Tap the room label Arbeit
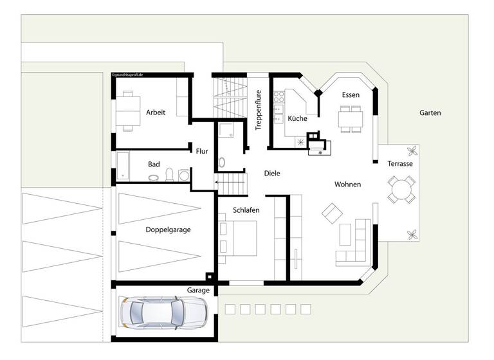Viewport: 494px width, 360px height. pyautogui.click(x=156, y=112)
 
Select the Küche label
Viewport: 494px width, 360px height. pyautogui.click(x=297, y=118)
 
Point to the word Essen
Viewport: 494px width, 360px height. pyautogui.click(x=351, y=95)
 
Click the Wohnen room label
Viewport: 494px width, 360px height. pyautogui.click(x=347, y=184)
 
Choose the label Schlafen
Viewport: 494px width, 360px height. pyautogui.click(x=246, y=210)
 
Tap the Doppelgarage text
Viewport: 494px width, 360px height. pyautogui.click(x=168, y=230)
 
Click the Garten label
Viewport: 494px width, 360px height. pyautogui.click(x=430, y=113)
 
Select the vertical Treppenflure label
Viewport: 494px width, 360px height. pyautogui.click(x=259, y=110)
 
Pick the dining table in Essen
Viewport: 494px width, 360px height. pyautogui.click(x=351, y=119)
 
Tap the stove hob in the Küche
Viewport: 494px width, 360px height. pyautogui.click(x=279, y=98)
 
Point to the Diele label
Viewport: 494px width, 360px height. pyautogui.click(x=272, y=174)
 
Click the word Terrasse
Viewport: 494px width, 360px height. pyautogui.click(x=399, y=164)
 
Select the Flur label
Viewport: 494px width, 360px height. pyautogui.click(x=202, y=152)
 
